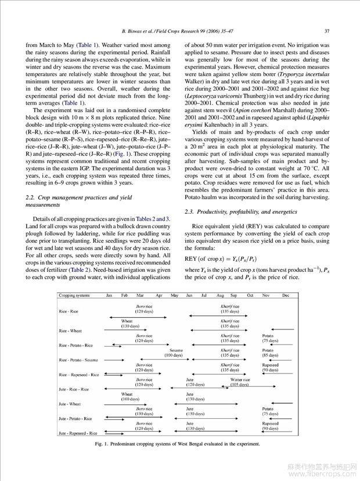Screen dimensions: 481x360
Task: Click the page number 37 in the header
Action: tap(327, 31)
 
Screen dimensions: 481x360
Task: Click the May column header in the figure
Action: tap(174, 295)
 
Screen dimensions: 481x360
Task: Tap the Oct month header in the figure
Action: tap(250, 295)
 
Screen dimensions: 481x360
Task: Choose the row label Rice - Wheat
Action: tap(70, 331)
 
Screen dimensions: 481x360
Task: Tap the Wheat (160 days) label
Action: tap(127, 396)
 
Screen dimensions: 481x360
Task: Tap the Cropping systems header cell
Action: tap(74, 295)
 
